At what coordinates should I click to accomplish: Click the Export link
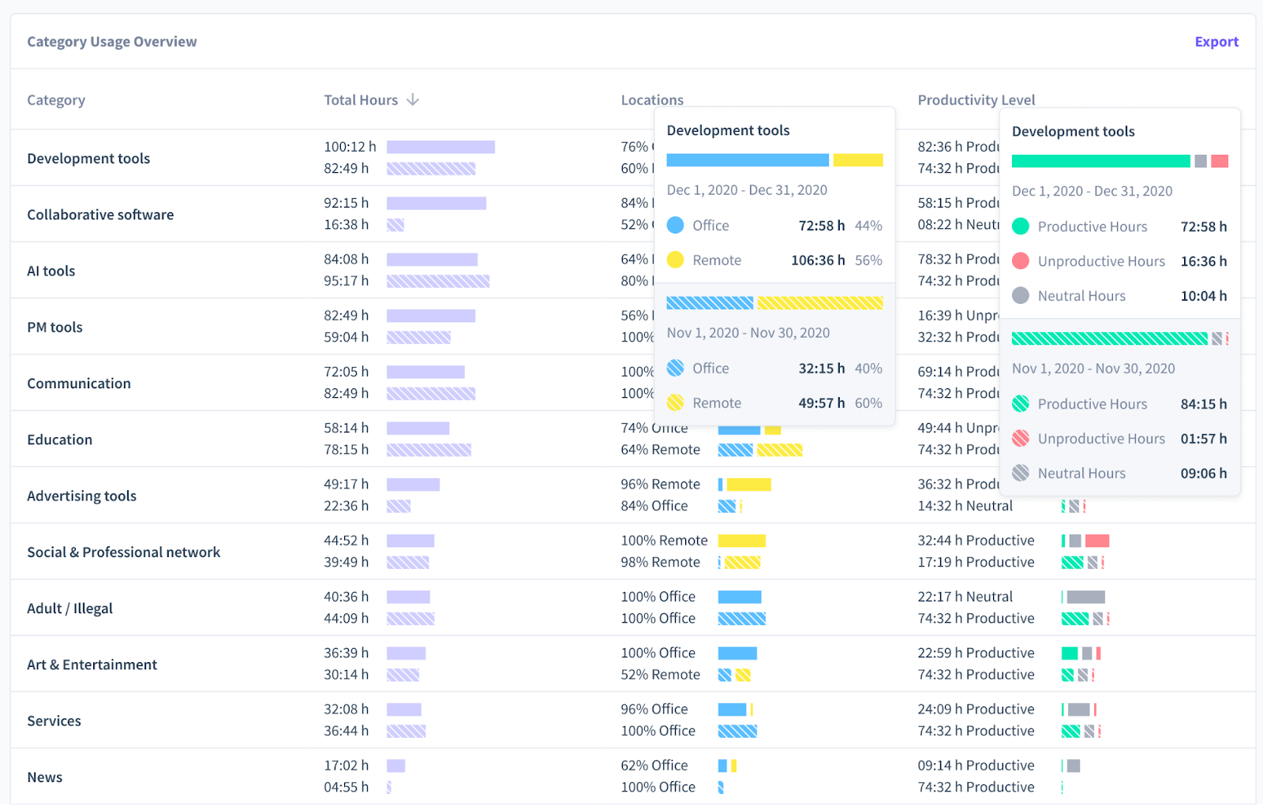click(1216, 42)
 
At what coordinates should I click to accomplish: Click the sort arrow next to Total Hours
click(412, 100)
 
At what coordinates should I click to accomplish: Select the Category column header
click(56, 100)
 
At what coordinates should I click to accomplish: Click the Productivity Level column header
click(976, 100)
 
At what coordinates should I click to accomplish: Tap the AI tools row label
click(51, 271)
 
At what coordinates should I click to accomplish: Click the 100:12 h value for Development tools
click(350, 147)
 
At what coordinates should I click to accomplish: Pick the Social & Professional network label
click(124, 552)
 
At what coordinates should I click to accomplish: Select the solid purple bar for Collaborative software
click(436, 203)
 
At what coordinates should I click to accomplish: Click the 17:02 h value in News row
click(346, 766)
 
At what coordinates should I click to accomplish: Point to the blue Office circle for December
click(676, 226)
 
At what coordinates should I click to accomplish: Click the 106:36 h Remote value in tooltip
click(817, 260)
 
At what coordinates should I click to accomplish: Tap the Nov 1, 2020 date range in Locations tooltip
click(748, 333)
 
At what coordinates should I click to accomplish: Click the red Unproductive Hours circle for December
click(1021, 261)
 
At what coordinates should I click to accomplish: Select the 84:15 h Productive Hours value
click(1203, 404)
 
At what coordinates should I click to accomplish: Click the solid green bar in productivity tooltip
click(1100, 161)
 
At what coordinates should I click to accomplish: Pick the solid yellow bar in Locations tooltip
click(857, 160)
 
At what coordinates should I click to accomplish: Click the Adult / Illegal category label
click(69, 608)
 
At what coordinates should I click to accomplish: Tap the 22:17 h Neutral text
click(965, 597)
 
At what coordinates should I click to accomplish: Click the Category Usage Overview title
click(112, 42)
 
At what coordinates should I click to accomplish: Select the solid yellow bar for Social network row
click(741, 541)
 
